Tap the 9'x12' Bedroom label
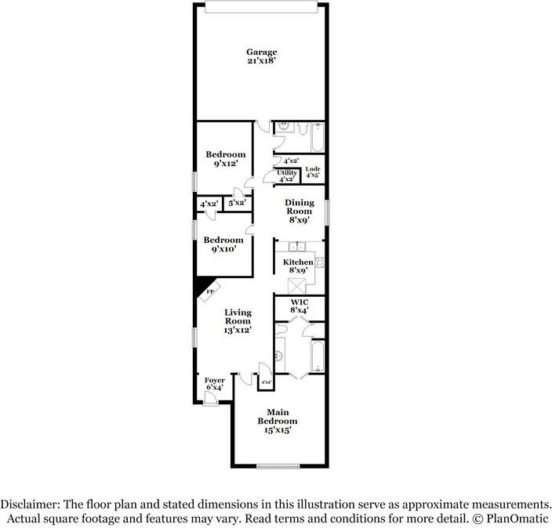tap(225, 160)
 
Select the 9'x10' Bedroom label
tap(223, 245)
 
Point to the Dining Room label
tap(299, 212)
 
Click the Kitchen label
tap(298, 266)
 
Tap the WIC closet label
tap(299, 306)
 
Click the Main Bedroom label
tap(278, 421)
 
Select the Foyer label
tap(214, 383)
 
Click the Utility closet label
tap(286, 176)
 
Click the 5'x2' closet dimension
tap(236, 203)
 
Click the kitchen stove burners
tap(319, 266)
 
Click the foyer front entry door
tap(209, 399)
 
